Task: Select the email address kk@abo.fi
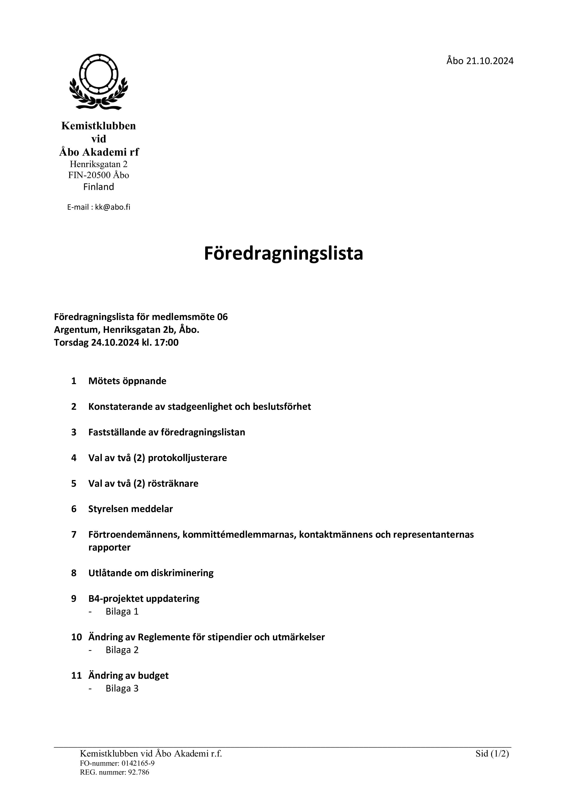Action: pyautogui.click(x=113, y=207)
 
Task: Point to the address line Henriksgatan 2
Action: pyautogui.click(x=99, y=164)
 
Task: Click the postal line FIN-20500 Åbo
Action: pyautogui.click(x=99, y=175)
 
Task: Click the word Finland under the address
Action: pyautogui.click(x=99, y=187)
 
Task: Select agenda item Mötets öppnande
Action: pyautogui.click(x=127, y=381)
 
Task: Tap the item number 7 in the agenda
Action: pyautogui.click(x=74, y=534)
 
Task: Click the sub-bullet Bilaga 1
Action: pyautogui.click(x=122, y=611)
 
